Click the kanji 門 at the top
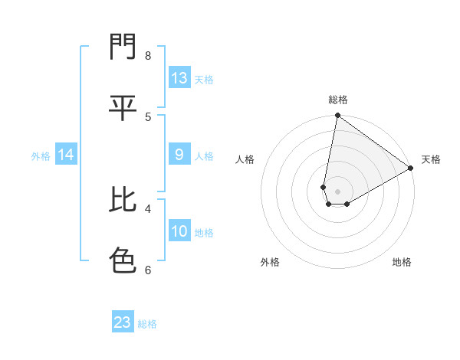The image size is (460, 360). pos(123,47)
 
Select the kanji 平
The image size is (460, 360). pos(123,107)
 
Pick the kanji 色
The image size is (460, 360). pos(123,260)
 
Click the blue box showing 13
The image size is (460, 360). pos(179,78)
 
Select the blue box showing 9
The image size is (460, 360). pos(179,155)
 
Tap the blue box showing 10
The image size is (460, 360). pos(179,231)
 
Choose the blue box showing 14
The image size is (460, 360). pos(65,155)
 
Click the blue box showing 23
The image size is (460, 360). pos(123,322)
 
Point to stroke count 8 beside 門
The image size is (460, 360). pos(148,55)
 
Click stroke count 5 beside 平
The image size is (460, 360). pos(148,116)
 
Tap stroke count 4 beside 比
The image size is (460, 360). pos(148,208)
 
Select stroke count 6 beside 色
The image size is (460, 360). pos(148,270)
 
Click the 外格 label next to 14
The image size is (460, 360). pos(41,156)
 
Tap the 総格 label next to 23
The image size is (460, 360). pos(147,324)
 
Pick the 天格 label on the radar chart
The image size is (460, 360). pos(431,159)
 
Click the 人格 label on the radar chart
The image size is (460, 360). pos(245,159)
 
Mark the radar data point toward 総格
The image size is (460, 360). pos(337,116)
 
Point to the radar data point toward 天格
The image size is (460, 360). pos(411,169)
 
